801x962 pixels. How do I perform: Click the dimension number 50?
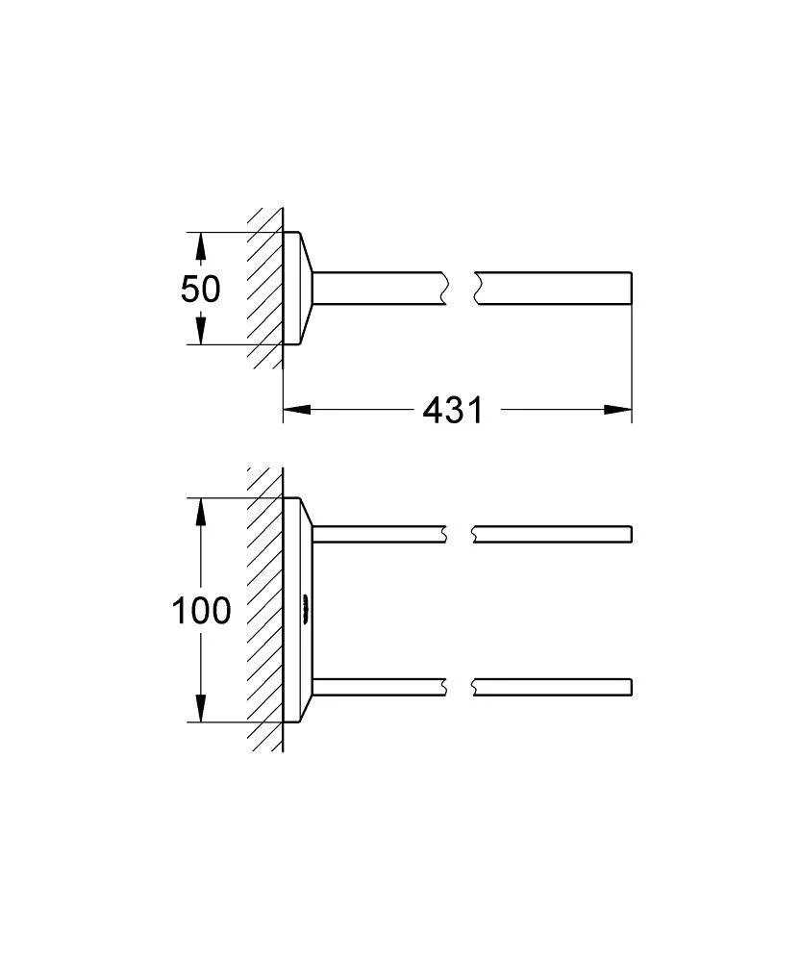point(200,289)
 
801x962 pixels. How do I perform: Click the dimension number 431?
point(453,410)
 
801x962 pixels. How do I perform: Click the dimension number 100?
point(201,611)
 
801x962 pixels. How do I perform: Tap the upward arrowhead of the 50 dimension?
point(200,245)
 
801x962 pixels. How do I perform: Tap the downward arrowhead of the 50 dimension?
point(200,330)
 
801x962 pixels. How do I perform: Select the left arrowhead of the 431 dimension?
point(297,409)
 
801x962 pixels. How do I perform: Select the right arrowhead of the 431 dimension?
point(617,409)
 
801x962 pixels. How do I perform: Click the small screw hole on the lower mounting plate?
point(305,609)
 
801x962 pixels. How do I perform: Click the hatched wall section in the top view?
point(265,289)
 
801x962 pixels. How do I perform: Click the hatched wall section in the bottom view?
point(265,609)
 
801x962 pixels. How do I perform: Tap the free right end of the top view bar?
point(631,288)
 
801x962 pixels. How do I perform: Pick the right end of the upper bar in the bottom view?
point(631,534)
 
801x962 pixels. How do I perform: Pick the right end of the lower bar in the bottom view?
point(631,687)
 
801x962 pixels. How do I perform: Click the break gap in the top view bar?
point(462,288)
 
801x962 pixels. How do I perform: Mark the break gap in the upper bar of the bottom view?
point(460,534)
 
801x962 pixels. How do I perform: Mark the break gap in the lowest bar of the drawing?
point(460,687)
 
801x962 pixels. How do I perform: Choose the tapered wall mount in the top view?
point(298,289)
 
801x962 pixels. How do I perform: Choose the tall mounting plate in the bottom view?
point(298,610)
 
